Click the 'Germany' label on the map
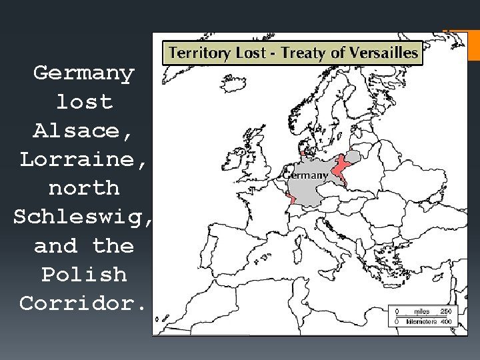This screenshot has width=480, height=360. click(307, 175)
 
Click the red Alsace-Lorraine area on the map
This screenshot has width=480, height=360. click(291, 199)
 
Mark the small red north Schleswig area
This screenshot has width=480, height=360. click(303, 153)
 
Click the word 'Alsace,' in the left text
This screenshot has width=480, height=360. click(84, 131)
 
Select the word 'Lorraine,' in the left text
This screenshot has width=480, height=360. click(84, 159)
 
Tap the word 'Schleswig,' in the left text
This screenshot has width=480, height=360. click(84, 217)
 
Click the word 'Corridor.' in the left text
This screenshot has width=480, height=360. click(84, 304)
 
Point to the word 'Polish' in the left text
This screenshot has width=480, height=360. click(84, 275)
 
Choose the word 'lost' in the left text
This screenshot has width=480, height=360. click(84, 102)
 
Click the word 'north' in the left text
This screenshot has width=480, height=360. click(84, 188)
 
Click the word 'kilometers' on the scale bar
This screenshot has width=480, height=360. click(419, 321)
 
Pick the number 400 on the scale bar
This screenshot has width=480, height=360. click(445, 321)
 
